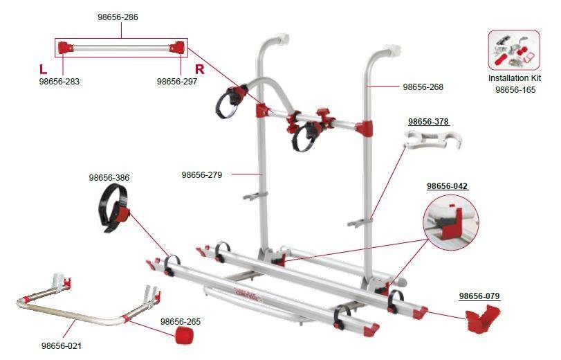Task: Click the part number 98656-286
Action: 121,17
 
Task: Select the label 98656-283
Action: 59,81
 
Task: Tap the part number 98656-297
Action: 177,81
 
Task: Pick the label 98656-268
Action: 423,87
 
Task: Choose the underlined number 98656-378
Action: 428,122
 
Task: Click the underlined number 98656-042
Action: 447,186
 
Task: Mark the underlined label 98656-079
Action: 479,296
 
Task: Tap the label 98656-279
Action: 201,174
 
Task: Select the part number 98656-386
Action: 109,178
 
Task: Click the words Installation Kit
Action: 514,78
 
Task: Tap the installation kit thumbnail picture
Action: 513,50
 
